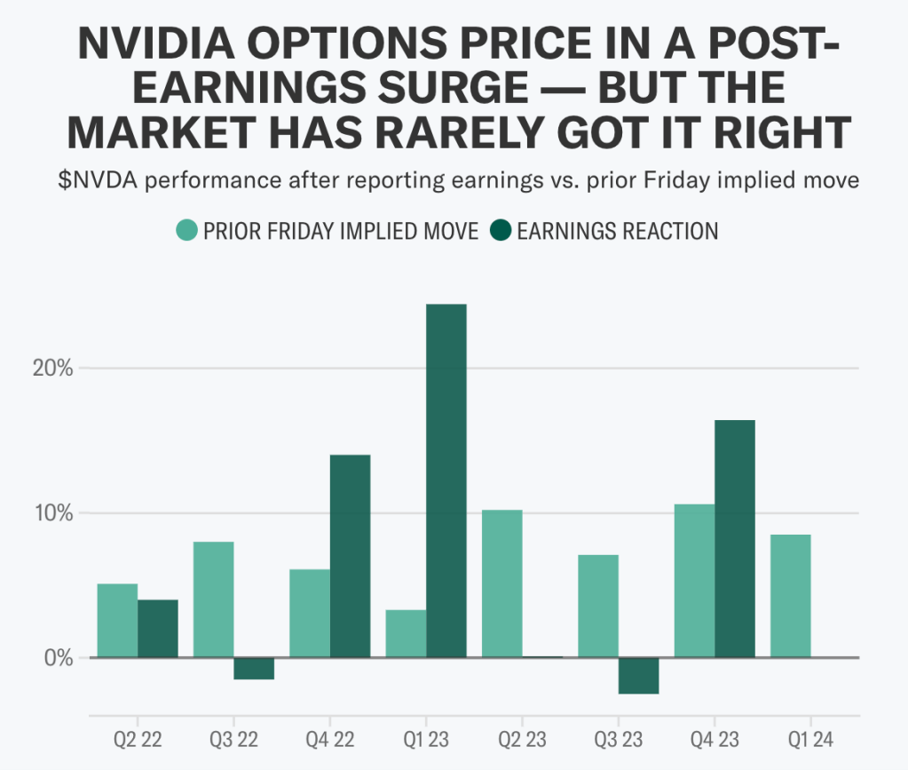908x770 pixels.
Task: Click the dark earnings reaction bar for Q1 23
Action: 446,480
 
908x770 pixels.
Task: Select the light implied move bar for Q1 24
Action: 790,596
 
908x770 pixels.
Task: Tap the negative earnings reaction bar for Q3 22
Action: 254,669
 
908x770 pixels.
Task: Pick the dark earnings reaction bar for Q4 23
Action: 734,538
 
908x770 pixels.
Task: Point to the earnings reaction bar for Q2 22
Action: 157,629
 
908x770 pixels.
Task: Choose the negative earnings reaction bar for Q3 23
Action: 638,676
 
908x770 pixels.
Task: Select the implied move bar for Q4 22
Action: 309,613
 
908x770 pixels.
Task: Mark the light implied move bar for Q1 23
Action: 406,633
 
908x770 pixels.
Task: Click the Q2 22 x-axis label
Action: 138,740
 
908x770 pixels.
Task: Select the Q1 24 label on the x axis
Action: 810,740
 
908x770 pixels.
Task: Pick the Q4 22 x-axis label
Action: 329,740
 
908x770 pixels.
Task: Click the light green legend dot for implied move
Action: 186,231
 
